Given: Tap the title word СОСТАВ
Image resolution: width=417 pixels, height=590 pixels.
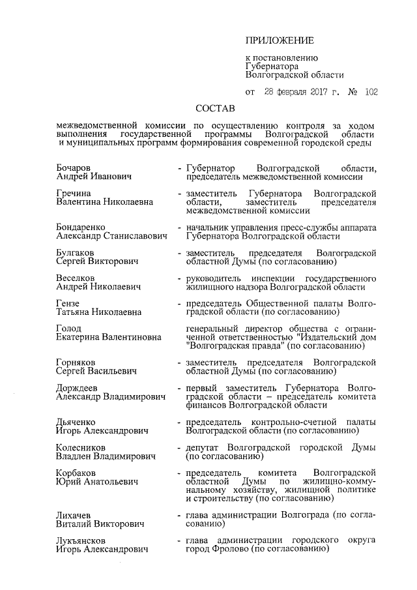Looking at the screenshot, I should coord(216,106).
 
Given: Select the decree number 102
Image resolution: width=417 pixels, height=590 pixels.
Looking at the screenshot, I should coord(371,92).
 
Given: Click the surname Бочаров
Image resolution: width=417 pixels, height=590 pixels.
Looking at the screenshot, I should coord(74,168).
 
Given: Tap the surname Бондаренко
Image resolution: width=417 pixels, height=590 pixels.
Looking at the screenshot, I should coord(81,226).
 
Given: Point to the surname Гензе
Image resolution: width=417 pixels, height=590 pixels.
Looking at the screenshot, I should coord(68,303).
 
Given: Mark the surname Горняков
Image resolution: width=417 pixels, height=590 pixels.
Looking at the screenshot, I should coord(77,361).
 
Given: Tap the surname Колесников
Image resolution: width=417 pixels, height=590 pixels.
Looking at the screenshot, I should coord(81,447).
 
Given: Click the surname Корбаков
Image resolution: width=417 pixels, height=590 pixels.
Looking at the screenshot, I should coord(76,473).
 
